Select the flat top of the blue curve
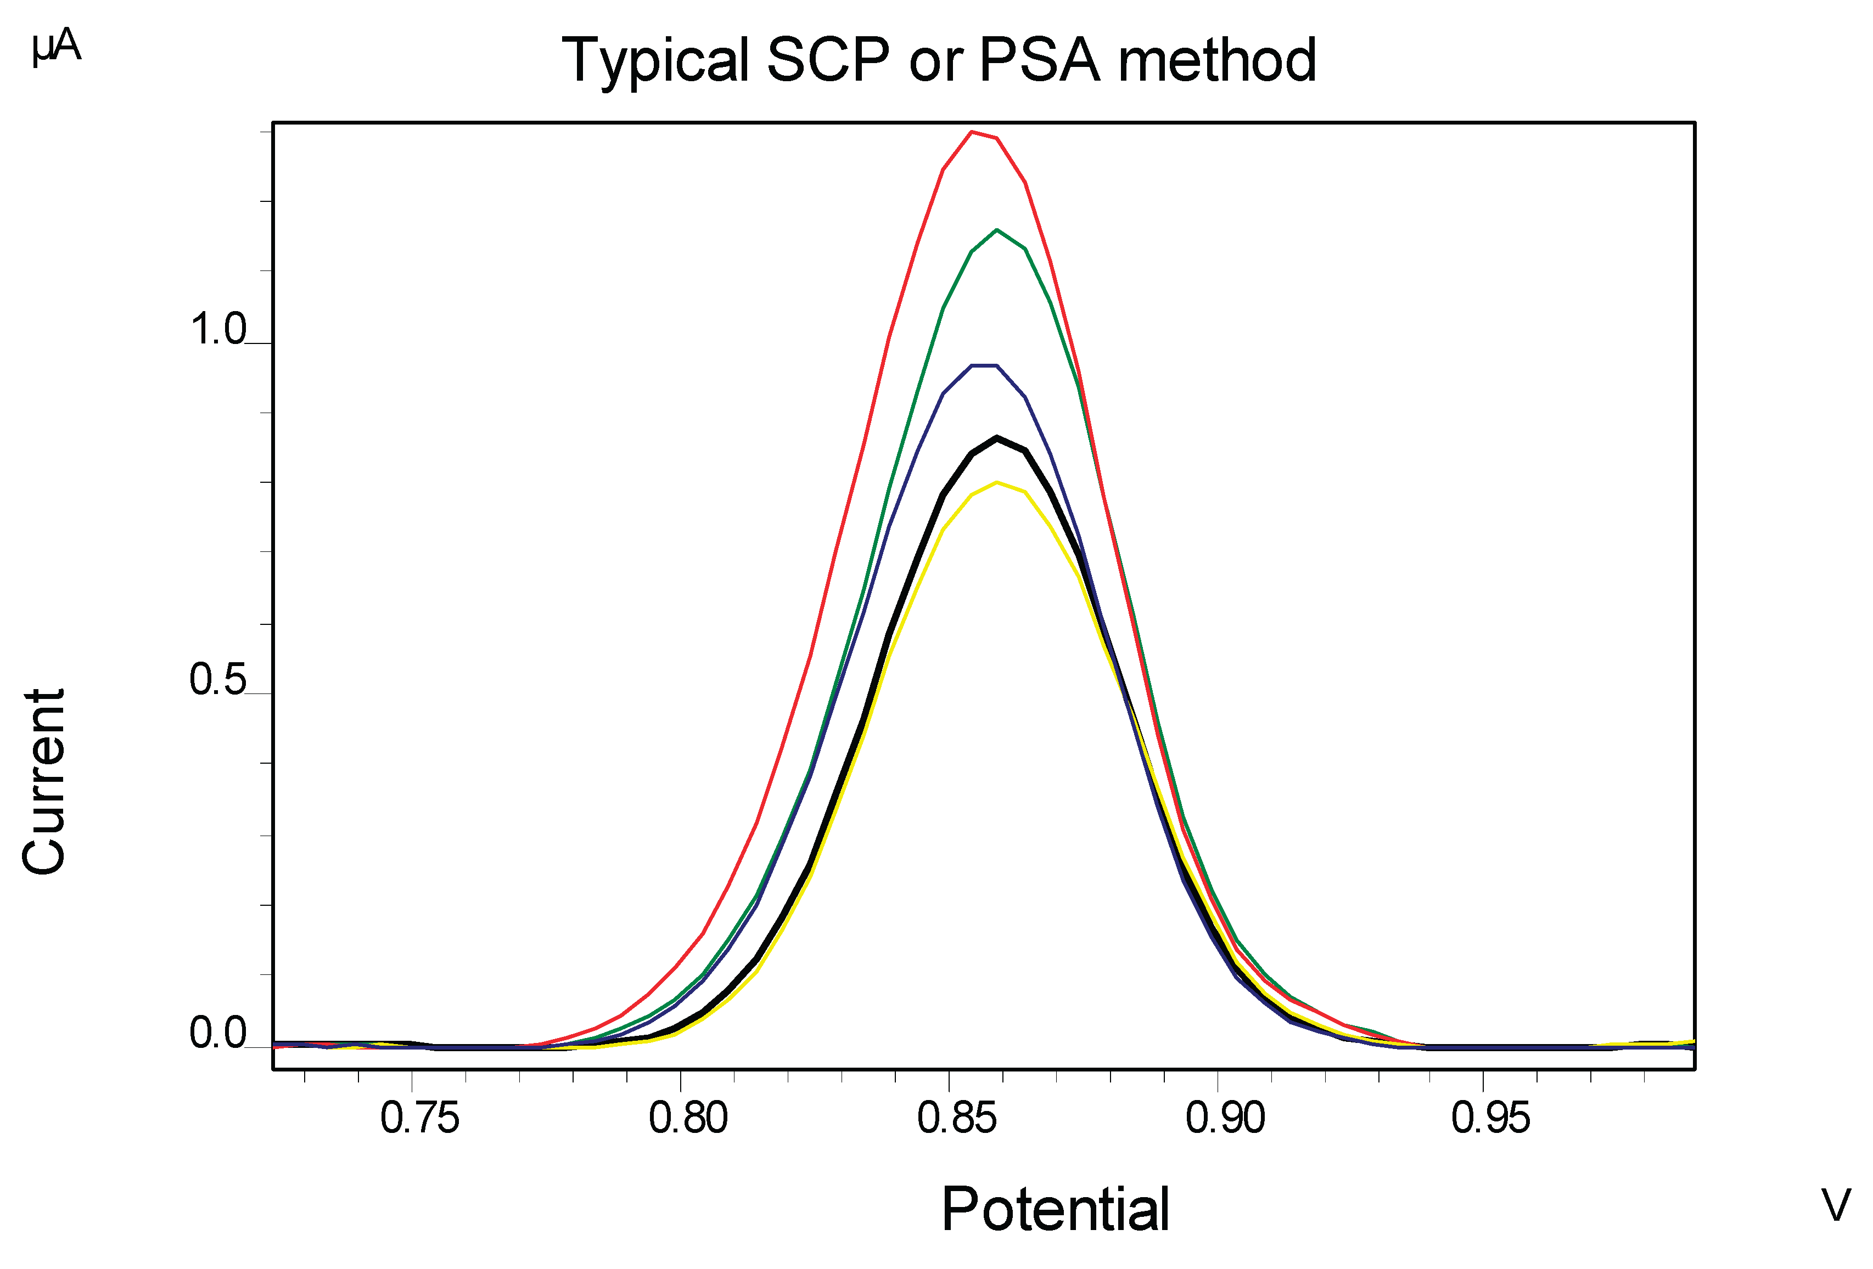click(984, 366)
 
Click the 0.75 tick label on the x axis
click(419, 1118)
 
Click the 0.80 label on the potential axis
click(687, 1118)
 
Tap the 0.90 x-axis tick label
click(1224, 1118)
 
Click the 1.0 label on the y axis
click(217, 330)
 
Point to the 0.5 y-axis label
click(217, 679)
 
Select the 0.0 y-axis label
click(217, 1034)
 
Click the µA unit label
click(57, 46)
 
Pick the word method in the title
click(1216, 60)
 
